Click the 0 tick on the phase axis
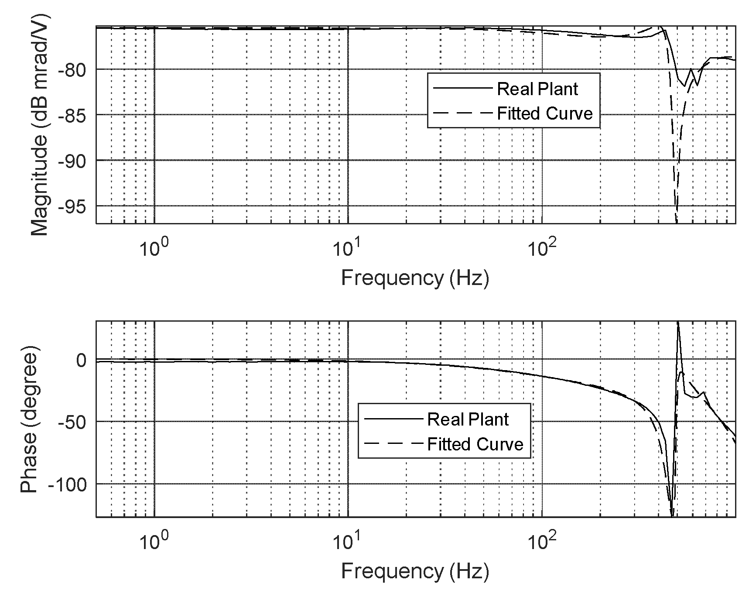pos(82,360)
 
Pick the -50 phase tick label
pos(72,422)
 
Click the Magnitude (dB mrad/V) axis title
pos(40,125)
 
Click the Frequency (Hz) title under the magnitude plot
pos(415,278)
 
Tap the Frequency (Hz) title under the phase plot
pos(415,571)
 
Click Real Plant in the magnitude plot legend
pos(537,89)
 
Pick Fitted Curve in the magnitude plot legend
pos(545,113)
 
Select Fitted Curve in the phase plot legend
pos(475,444)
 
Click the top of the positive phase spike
pos(678,323)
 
